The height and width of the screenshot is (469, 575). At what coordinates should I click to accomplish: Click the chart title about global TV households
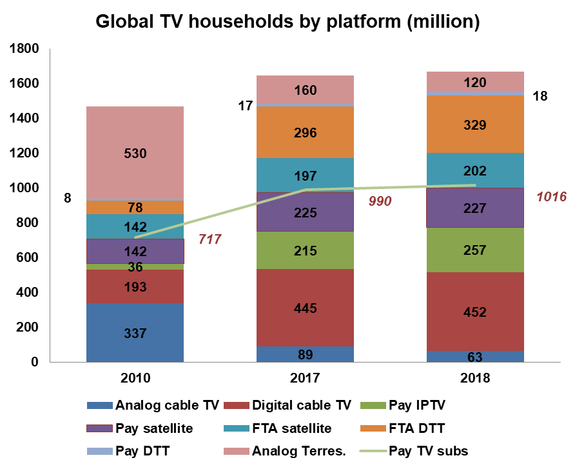click(287, 21)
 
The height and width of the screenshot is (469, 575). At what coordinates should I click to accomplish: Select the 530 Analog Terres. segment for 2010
click(135, 154)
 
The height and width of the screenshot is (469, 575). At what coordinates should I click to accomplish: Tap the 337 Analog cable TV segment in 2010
click(135, 334)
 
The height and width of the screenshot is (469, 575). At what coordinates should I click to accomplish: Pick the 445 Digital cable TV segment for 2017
click(305, 308)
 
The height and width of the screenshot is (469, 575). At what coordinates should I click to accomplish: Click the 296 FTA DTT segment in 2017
click(305, 133)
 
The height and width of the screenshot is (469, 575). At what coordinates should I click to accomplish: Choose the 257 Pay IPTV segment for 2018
click(474, 250)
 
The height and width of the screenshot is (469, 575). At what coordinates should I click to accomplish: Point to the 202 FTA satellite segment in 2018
click(474, 172)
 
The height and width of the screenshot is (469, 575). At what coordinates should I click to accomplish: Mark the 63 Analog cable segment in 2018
click(474, 356)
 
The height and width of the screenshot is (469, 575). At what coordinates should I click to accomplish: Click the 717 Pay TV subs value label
click(210, 240)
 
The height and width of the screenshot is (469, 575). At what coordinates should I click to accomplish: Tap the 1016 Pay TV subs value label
click(551, 196)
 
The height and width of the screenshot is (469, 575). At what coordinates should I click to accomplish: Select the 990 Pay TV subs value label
click(380, 201)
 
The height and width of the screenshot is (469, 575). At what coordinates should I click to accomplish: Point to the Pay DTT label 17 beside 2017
click(245, 106)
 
